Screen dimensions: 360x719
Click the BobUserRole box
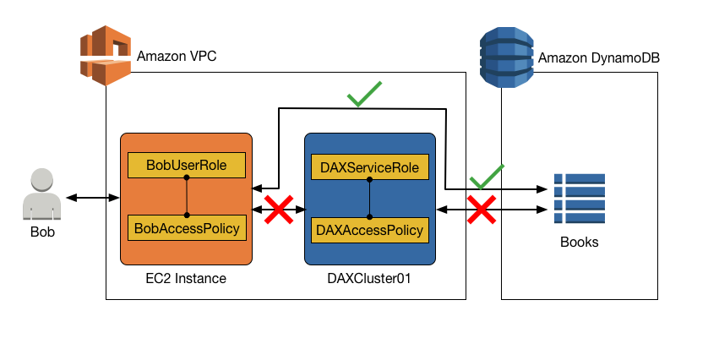click(186, 166)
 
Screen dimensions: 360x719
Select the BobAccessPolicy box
click(186, 227)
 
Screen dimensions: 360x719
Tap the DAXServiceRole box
click(369, 167)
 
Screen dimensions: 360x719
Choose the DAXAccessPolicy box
click(369, 229)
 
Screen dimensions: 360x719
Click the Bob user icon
click(42, 194)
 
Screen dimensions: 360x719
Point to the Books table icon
click(580, 199)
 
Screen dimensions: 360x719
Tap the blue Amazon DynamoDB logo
click(506, 57)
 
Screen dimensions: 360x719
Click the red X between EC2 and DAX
click(278, 209)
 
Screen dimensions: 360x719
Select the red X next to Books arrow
click(482, 209)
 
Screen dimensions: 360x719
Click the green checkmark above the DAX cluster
click(364, 94)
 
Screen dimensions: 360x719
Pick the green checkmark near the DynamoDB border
click(487, 177)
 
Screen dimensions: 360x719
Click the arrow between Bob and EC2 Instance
click(93, 198)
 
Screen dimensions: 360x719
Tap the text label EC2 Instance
click(185, 278)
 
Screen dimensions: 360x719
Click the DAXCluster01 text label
click(369, 278)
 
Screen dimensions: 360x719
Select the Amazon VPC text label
click(176, 57)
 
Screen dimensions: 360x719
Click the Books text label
click(580, 242)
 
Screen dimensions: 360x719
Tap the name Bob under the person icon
click(42, 232)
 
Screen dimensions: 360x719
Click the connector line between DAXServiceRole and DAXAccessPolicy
click(369, 199)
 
